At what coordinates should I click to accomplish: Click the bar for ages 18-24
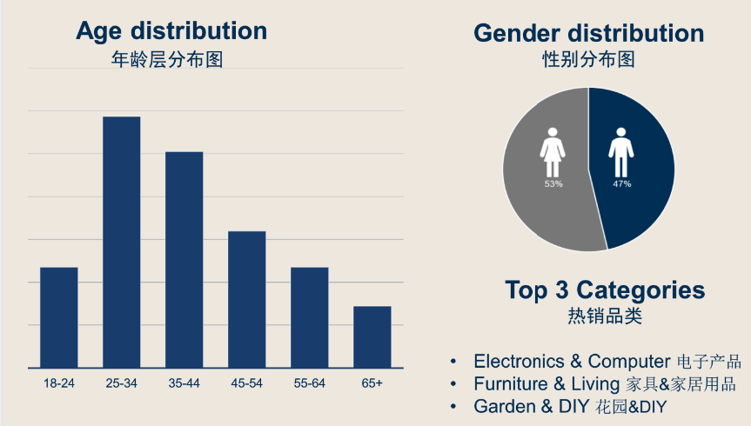[x=59, y=317]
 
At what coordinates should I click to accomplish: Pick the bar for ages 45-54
[x=247, y=299]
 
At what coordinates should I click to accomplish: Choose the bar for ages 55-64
[x=310, y=317]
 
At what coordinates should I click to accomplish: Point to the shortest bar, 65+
[x=372, y=336]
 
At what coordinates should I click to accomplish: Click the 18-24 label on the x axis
[x=59, y=383]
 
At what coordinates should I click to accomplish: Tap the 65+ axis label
[x=372, y=383]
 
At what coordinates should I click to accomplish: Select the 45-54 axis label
[x=247, y=383]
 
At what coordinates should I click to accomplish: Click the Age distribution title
[x=171, y=31]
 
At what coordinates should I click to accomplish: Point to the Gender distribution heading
[x=588, y=33]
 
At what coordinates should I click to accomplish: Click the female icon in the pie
[x=553, y=153]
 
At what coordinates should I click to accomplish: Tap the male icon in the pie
[x=620, y=153]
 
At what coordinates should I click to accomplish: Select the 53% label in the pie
[x=553, y=184]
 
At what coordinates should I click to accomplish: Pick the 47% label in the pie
[x=620, y=184]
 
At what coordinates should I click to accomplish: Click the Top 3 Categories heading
[x=604, y=290]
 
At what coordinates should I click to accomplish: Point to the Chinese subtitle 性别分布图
[x=588, y=60]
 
